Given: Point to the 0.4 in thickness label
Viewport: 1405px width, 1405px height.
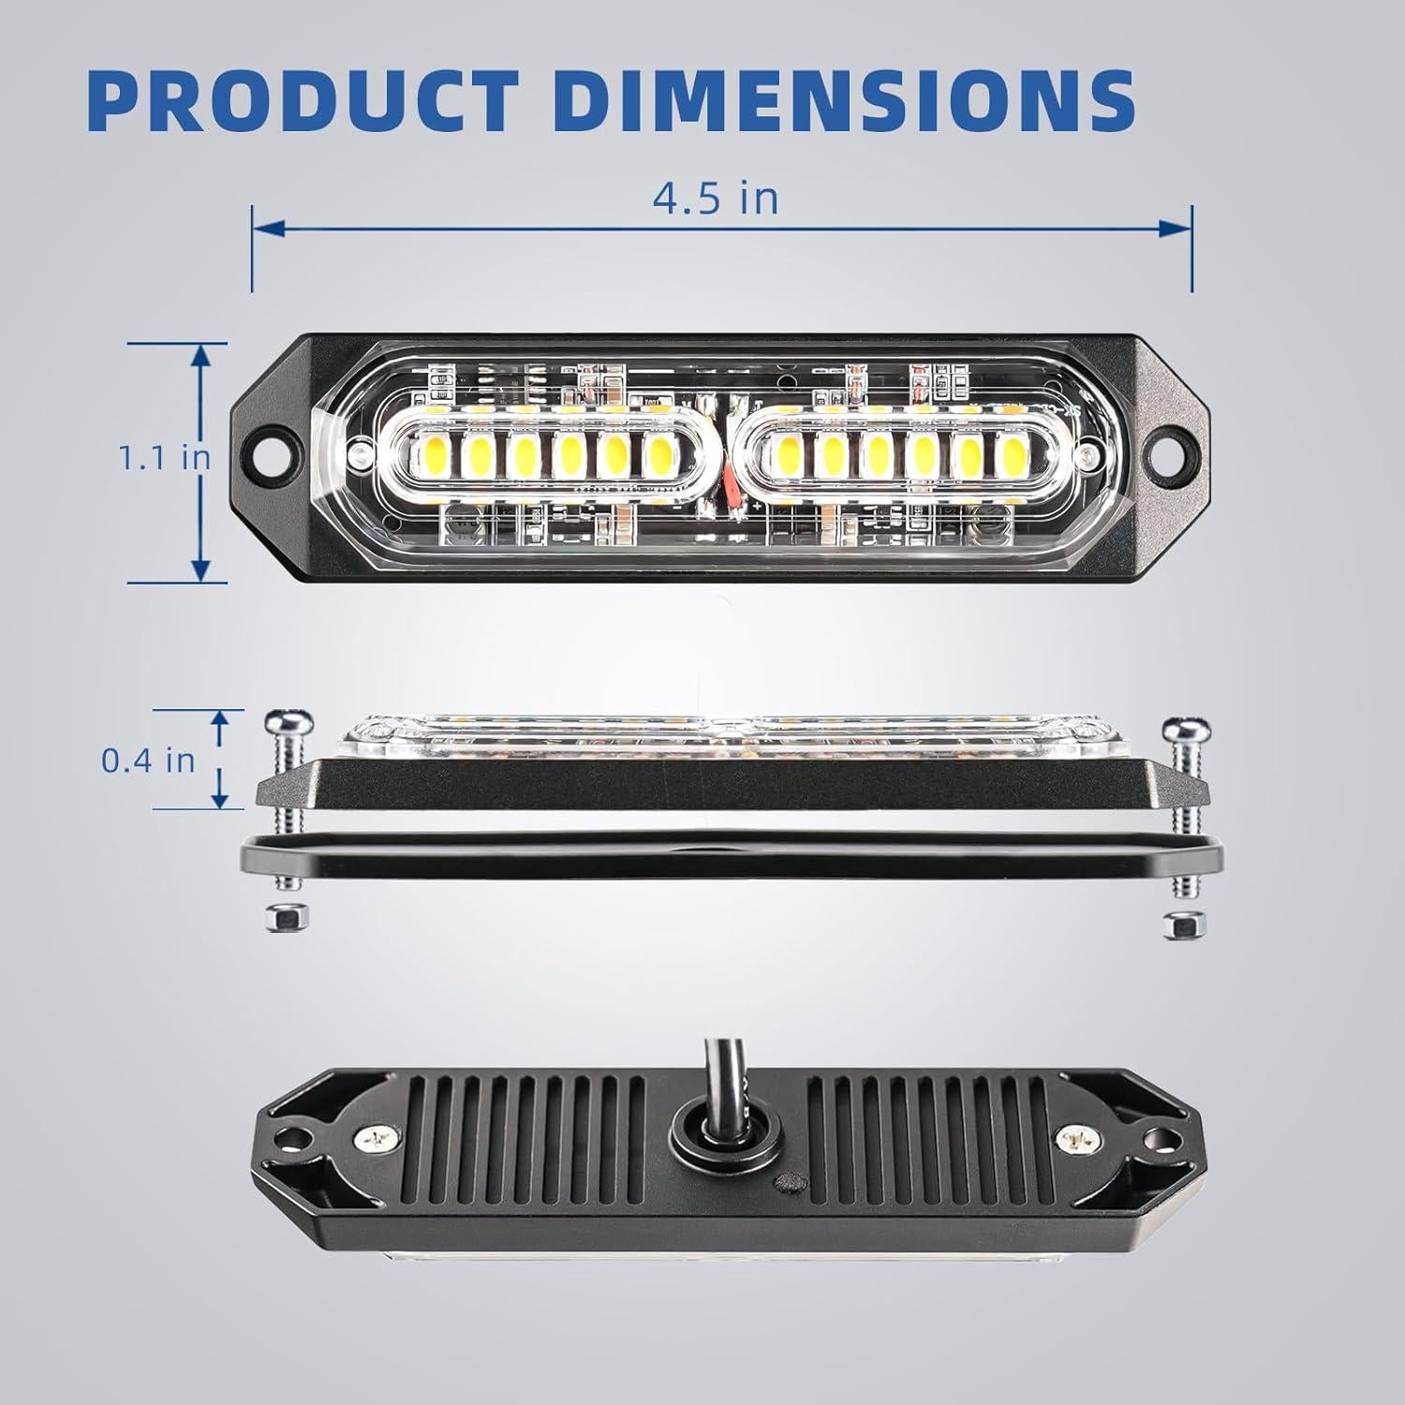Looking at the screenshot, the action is tap(148, 759).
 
